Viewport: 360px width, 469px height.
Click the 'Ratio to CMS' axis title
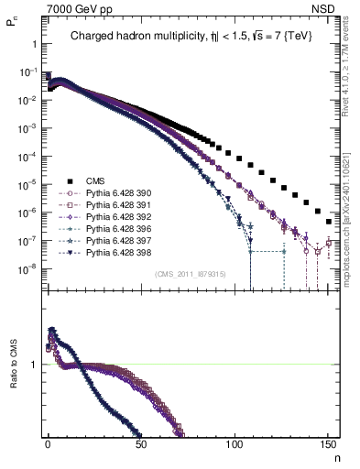(14, 381)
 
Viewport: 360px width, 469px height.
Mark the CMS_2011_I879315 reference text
(187, 273)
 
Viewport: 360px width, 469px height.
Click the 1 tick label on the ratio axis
(33, 365)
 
